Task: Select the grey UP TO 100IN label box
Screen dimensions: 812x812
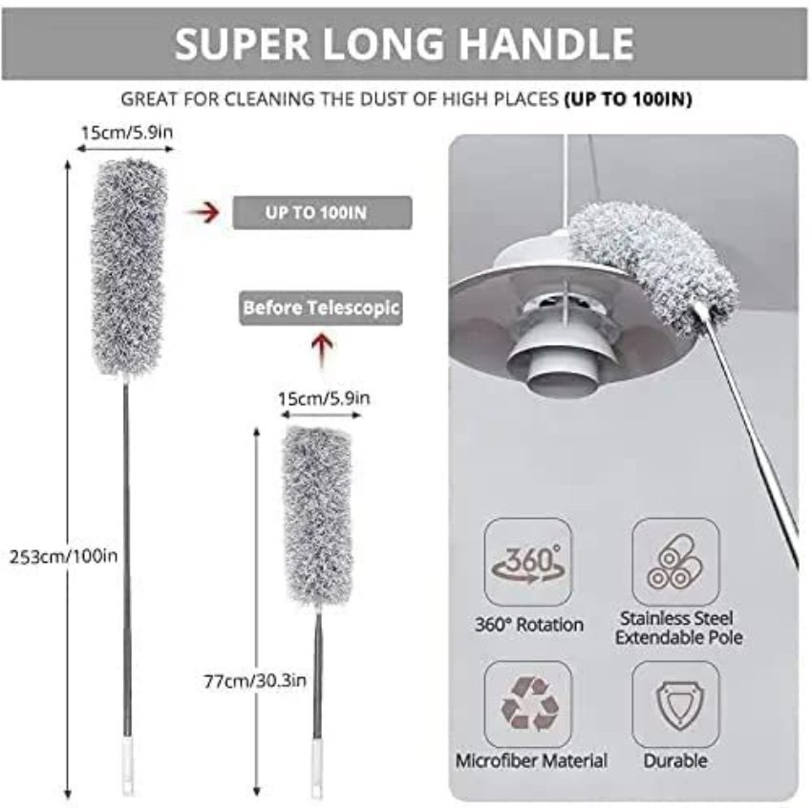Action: click(x=322, y=212)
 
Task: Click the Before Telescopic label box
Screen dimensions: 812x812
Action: click(x=320, y=309)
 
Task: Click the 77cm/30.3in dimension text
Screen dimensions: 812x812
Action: click(x=255, y=680)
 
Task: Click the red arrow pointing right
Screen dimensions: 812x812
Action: click(x=198, y=212)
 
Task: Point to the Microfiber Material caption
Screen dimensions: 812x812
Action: click(x=531, y=761)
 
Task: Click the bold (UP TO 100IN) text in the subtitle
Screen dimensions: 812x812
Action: click(x=628, y=98)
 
